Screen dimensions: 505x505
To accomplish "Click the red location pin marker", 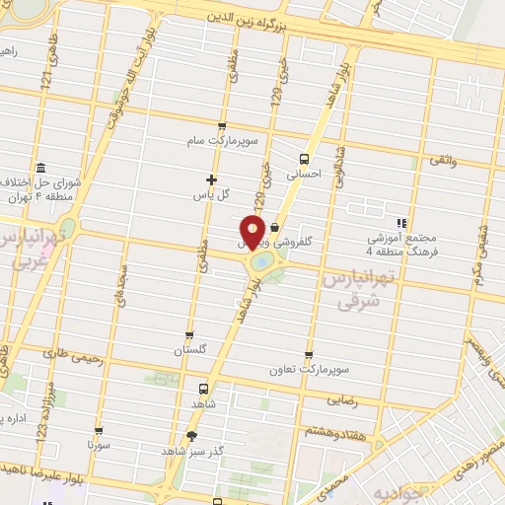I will coord(252,232).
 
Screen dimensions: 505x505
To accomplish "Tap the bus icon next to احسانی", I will coord(304,158).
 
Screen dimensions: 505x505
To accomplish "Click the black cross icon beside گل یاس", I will coord(211,180).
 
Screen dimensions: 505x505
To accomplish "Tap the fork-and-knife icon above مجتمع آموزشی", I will coord(400,222).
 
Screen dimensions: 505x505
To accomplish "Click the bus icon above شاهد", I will coord(203,389).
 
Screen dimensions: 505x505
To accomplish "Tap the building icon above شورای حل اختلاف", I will coord(39,168).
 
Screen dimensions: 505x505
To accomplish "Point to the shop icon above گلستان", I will coord(189,335).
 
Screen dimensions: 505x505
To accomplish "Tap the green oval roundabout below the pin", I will coord(262,263).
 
